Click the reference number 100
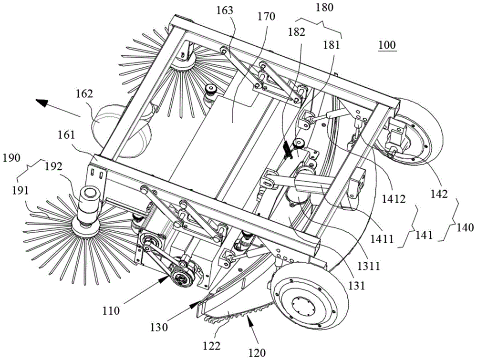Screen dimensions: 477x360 [387, 45]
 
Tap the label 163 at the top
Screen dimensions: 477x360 [225, 10]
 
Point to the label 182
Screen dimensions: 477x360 [297, 32]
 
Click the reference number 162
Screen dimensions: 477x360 [84, 93]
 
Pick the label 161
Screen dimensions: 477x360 [66, 134]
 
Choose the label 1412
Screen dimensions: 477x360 [395, 199]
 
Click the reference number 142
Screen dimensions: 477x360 [439, 194]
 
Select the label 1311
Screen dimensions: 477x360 [369, 267]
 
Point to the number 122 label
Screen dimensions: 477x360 [212, 346]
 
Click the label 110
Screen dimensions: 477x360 [111, 311]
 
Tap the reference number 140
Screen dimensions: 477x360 [465, 227]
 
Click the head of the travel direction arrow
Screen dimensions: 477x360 [41, 102]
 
